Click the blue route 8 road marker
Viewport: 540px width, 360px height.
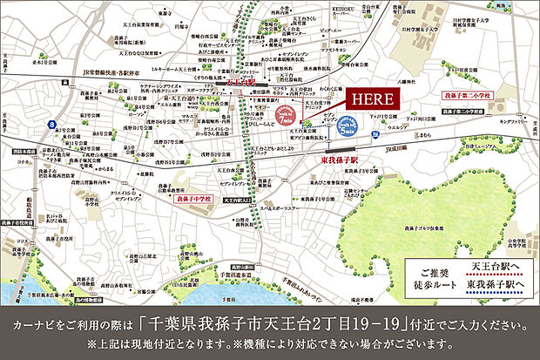click(x=55, y=126)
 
